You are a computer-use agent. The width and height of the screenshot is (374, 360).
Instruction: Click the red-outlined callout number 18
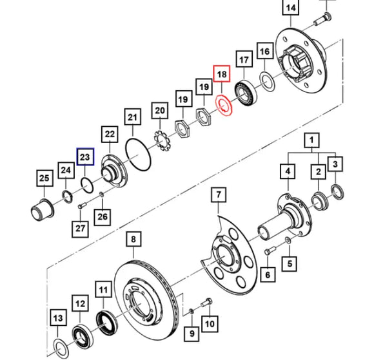point(222,75)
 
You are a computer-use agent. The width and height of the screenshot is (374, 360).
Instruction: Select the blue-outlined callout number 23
point(86,156)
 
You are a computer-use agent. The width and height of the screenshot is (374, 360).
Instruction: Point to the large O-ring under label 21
point(136,155)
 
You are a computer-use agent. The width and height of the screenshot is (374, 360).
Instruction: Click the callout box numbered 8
point(134,241)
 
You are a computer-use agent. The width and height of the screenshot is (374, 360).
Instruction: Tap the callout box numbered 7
point(218,194)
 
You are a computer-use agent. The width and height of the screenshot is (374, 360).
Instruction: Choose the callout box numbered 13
point(57,318)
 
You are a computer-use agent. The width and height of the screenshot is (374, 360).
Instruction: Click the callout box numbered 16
point(264,52)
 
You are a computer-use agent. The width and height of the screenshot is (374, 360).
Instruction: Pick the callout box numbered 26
point(102,216)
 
